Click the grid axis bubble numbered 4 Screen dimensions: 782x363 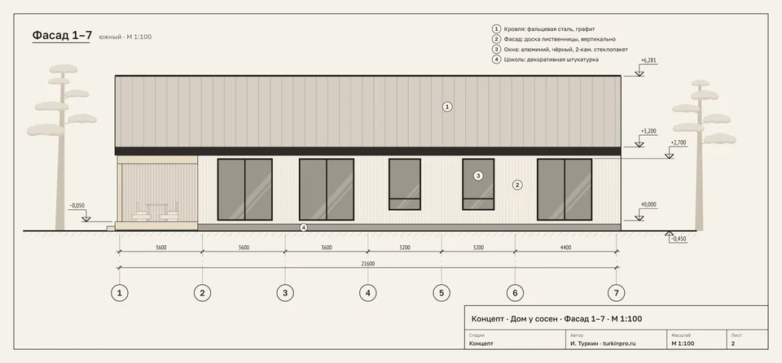pyautogui.click(x=368, y=293)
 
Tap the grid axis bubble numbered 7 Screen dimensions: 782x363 pyautogui.click(x=617, y=293)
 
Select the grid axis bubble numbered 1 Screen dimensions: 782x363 pyautogui.click(x=119, y=293)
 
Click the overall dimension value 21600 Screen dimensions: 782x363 pyautogui.click(x=368, y=264)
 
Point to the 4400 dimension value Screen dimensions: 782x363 pyautogui.click(x=565, y=247)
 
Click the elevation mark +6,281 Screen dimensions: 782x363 pyautogui.click(x=648, y=61)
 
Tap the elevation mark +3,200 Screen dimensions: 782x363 pyautogui.click(x=648, y=132)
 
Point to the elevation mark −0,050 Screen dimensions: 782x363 pyautogui.click(x=77, y=205)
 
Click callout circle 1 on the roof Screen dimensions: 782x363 pyautogui.click(x=447, y=106)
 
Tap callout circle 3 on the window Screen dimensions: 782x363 pyautogui.click(x=478, y=176)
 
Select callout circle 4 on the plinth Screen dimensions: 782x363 pyautogui.click(x=303, y=227)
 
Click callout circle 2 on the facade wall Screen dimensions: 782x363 pyautogui.click(x=518, y=185)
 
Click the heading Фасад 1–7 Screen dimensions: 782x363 pyautogui.click(x=62, y=35)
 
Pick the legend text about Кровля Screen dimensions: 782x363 pyautogui.click(x=549, y=29)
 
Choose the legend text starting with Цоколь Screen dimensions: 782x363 pyautogui.click(x=551, y=59)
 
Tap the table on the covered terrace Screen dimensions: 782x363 pyautogui.click(x=157, y=210)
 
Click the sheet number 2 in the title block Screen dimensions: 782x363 pyautogui.click(x=733, y=343)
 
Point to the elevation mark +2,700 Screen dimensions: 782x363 pyautogui.click(x=679, y=142)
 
